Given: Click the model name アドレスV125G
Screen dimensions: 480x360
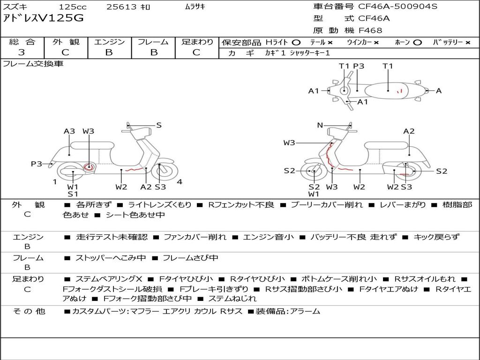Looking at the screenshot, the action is [x=43, y=18].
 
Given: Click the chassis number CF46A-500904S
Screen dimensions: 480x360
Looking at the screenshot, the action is [x=398, y=6].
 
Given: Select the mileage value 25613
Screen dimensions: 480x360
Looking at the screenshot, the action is [x=121, y=7].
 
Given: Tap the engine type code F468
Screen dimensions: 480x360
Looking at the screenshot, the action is [x=370, y=30].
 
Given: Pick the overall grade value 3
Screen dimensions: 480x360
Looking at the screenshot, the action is [x=22, y=52].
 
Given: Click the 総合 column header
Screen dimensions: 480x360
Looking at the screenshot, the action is [x=22, y=42].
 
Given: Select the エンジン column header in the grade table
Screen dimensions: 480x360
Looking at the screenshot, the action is [x=109, y=42].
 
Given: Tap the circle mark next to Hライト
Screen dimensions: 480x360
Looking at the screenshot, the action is [x=296, y=43].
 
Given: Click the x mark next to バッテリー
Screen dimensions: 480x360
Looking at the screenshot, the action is [x=468, y=43].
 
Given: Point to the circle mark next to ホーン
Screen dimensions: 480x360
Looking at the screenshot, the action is [x=418, y=43].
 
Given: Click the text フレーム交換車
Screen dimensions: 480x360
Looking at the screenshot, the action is [x=33, y=64].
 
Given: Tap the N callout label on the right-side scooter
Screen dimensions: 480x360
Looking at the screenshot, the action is [x=320, y=125].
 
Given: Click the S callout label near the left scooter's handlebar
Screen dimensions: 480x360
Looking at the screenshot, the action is [x=158, y=125].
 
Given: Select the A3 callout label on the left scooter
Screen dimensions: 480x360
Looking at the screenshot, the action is [x=69, y=131].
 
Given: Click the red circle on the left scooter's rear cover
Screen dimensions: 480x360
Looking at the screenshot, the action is [x=89, y=167].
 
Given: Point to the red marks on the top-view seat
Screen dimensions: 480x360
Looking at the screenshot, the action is [x=399, y=90].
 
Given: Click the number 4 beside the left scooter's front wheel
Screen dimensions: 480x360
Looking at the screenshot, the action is [x=180, y=182].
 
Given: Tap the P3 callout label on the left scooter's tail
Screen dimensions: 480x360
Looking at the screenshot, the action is [x=37, y=164].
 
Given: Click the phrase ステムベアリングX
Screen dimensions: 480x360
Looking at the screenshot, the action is [x=109, y=279].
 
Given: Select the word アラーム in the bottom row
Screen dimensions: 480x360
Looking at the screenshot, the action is [x=305, y=312].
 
